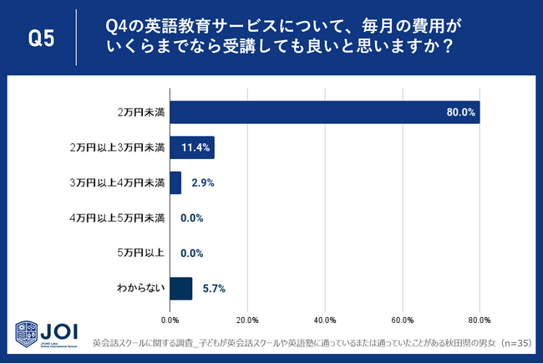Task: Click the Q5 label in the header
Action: (42, 38)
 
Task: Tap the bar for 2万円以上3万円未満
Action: (191, 147)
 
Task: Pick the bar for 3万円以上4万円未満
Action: (175, 182)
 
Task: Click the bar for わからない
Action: (180, 288)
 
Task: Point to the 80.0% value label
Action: (460, 112)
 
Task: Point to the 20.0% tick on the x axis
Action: (247, 320)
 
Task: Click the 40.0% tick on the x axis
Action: (325, 320)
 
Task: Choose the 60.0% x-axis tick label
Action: (402, 320)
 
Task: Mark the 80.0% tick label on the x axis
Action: (480, 320)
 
